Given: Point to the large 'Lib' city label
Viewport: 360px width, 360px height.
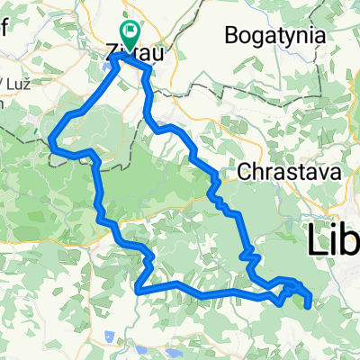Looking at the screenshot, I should click(x=333, y=239).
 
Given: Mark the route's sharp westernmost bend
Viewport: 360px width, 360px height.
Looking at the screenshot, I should click(x=52, y=140).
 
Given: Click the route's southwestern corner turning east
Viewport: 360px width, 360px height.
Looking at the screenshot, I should click(x=138, y=290).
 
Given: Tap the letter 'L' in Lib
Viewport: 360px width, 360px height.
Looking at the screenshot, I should click(x=315, y=239).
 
